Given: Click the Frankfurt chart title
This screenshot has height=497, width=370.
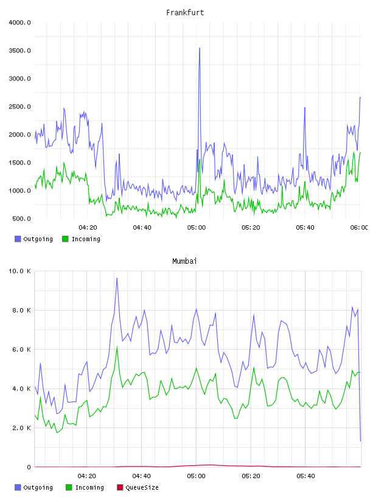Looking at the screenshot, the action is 185,13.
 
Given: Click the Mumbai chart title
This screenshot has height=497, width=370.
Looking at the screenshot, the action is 184,261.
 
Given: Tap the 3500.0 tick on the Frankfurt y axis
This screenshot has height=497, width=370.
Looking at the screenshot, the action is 20,51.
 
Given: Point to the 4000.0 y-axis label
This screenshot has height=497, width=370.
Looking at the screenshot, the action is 20,23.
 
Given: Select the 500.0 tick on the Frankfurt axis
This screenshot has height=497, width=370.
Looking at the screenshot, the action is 21,219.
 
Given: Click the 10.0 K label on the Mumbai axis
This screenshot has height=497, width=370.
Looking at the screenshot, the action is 20,271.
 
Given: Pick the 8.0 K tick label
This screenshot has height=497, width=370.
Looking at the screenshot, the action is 21,310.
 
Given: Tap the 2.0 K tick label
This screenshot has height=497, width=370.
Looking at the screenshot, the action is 21,428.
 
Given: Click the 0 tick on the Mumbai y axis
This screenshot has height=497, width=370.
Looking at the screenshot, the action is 29,467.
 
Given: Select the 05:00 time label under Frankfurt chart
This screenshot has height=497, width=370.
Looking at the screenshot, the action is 197,228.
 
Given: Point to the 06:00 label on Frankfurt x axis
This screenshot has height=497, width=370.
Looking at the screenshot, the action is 359,228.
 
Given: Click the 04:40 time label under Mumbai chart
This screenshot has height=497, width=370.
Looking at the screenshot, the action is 142,476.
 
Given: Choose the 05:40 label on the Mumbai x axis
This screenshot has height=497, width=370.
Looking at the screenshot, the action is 305,476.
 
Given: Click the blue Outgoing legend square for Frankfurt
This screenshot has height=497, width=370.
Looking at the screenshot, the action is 18,239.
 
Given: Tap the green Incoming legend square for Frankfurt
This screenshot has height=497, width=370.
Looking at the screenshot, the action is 65,239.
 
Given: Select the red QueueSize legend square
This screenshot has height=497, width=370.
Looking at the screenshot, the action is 120,487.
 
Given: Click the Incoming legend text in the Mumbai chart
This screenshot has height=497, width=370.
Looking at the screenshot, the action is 89,487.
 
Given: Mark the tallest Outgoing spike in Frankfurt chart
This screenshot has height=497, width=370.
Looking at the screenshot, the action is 200,48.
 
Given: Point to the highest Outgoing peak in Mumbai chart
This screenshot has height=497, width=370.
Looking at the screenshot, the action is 117,278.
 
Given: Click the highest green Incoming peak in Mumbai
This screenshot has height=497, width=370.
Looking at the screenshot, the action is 117,347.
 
